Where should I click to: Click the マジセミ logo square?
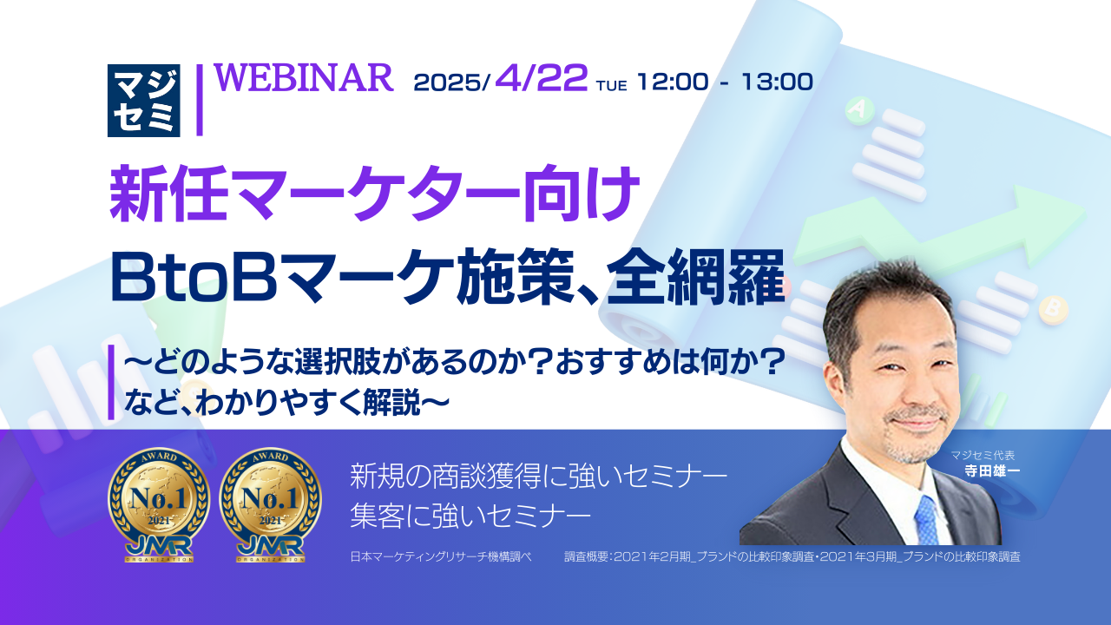(x=144, y=100)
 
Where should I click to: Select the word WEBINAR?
(x=304, y=78)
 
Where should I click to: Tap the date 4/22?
(x=541, y=78)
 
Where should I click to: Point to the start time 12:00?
(x=673, y=82)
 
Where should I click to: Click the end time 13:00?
(x=778, y=82)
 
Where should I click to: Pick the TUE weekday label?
(x=612, y=86)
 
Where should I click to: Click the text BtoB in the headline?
(x=194, y=279)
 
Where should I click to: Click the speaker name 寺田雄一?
(x=992, y=470)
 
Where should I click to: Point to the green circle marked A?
(x=859, y=109)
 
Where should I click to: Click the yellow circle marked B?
(x=1053, y=309)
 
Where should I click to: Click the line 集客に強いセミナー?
(x=470, y=516)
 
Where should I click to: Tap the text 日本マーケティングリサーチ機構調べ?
(x=441, y=556)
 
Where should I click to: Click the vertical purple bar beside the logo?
(x=200, y=100)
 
